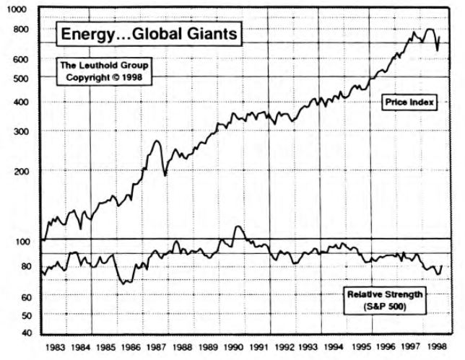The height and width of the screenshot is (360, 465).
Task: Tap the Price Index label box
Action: pyautogui.click(x=408, y=103)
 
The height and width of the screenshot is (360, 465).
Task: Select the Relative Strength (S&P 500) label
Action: pyautogui.click(x=385, y=301)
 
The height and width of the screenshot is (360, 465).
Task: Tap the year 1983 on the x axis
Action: pyautogui.click(x=56, y=347)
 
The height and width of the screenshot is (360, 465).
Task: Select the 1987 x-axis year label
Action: pyautogui.click(x=157, y=347)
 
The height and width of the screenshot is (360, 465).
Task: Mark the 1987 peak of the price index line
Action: pyautogui.click(x=157, y=141)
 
